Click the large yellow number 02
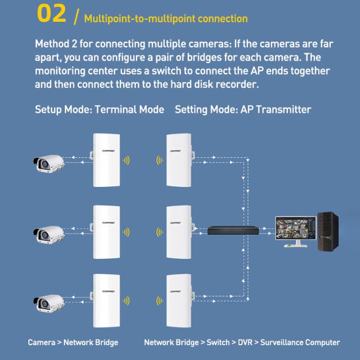point(52,14)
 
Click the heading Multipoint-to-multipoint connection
point(166,19)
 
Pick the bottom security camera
point(48,300)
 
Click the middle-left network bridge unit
point(106,232)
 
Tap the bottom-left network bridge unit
point(106,300)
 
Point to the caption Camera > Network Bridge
point(73,342)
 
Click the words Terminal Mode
point(130,109)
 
